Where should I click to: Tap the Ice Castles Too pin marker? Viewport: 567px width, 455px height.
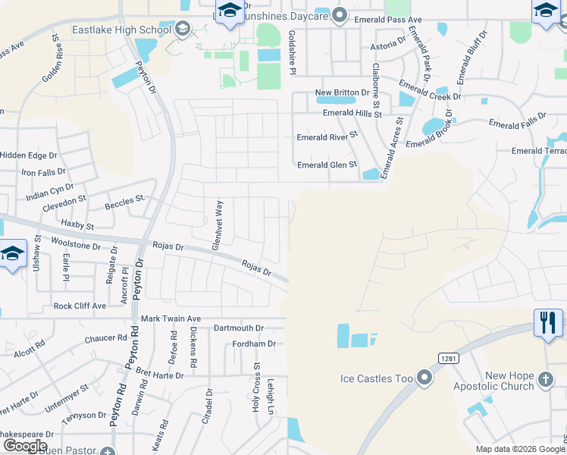[424, 377]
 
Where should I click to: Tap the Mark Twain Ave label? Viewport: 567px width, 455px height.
[171, 318]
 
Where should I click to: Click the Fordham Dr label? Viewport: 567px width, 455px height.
[253, 344]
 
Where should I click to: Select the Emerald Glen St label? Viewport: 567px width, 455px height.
[327, 165]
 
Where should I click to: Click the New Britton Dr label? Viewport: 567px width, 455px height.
[342, 93]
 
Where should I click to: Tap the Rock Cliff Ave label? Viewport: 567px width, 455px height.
[80, 306]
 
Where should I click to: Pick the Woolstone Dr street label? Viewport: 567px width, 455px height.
[75, 245]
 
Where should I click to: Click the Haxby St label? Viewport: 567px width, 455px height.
[77, 225]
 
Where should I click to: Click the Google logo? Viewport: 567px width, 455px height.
[25, 446]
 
